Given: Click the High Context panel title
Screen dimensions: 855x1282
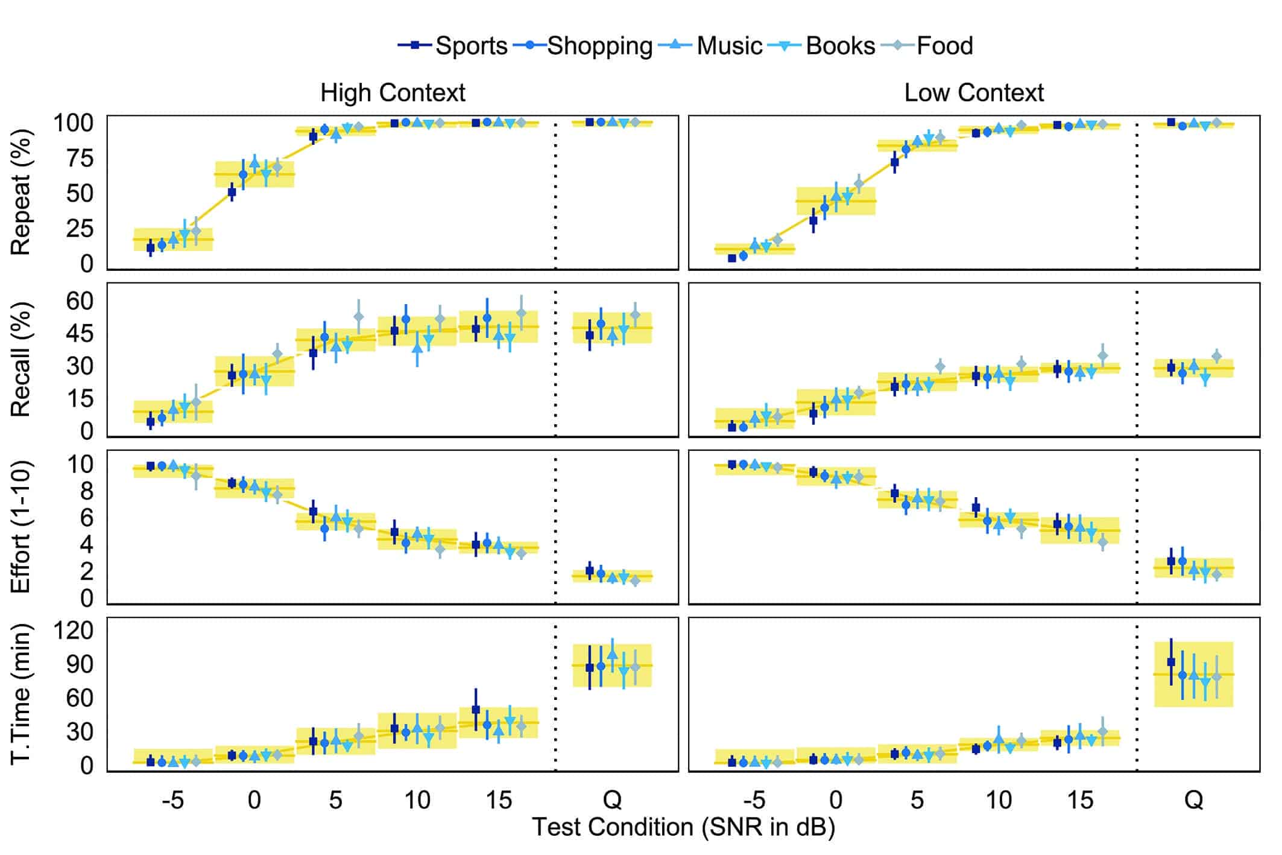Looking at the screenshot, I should coord(393,93).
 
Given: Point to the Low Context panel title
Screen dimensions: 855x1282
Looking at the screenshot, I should coord(974,93).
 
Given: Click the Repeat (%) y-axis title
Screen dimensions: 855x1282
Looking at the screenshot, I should coord(21,192).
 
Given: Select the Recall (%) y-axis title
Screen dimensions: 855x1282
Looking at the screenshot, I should coord(21,360).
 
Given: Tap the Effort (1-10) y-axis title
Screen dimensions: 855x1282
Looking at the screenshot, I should coord(21,527).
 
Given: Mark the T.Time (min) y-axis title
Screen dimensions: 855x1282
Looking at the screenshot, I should coord(21,694).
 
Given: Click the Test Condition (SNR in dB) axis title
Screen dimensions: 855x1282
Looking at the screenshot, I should coord(683,827).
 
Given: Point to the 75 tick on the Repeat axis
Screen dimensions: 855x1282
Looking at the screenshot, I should coord(74,158).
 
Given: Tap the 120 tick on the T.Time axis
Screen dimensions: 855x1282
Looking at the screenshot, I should coord(74,630).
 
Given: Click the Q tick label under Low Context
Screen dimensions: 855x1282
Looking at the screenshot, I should coord(1193,800).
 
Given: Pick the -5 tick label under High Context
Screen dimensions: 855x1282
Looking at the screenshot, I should coord(172,800).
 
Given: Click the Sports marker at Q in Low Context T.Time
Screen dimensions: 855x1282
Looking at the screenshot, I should coord(1171,662).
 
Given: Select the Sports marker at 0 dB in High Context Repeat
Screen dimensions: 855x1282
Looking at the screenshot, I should coord(232,192).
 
